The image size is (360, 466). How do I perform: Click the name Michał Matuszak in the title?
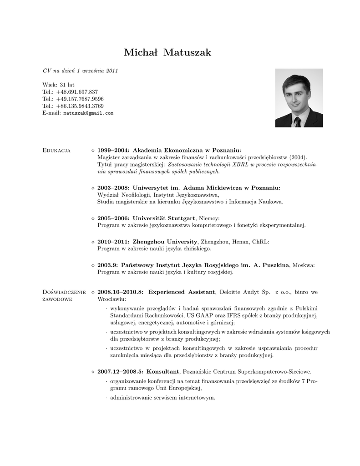pos(167,53)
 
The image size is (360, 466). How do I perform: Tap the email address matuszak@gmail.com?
pos(88,113)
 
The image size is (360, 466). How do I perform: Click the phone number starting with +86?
pos(80,106)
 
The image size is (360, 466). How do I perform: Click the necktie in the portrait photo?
pos(297,122)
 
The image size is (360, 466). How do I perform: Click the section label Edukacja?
pos(56,150)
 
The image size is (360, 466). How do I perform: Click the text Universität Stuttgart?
pos(164,218)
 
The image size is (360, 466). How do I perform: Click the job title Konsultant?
pos(163,371)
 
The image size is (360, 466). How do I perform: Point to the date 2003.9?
pos(108,265)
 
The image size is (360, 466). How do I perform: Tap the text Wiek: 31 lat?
pos(58,85)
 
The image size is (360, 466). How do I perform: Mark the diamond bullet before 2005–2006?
pos(93,218)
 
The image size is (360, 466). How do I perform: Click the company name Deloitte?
pos(234,292)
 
